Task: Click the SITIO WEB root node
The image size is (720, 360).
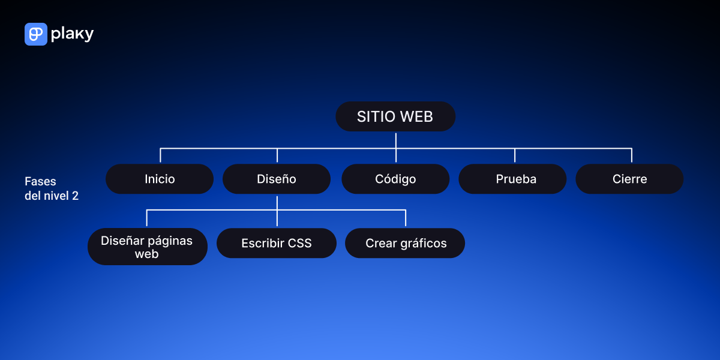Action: coord(395,116)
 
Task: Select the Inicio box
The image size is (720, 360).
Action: coord(160,179)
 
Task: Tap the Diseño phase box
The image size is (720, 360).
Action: coord(277,179)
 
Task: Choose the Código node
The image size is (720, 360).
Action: coord(395,179)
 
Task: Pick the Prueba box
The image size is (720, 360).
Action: coord(512,179)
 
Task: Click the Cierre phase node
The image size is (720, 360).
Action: coord(629,179)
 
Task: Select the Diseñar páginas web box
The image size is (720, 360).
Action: coord(148,247)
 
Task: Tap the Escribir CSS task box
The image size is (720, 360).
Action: coord(277,243)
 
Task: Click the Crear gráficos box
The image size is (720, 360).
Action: coord(405,243)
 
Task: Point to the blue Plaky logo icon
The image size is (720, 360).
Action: coord(36,34)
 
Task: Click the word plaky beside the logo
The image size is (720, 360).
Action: coord(73,34)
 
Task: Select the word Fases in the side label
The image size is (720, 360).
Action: coord(40,181)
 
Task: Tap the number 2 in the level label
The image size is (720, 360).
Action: coord(75,196)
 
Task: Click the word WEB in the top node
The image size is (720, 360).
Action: coord(416,116)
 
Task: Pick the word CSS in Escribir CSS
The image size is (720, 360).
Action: coord(299,244)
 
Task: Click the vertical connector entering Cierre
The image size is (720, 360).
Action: coord(632,155)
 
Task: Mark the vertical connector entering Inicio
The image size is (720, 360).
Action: coord(160,155)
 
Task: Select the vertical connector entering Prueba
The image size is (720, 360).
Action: coord(515,155)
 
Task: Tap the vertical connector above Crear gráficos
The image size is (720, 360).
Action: coord(406,218)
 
